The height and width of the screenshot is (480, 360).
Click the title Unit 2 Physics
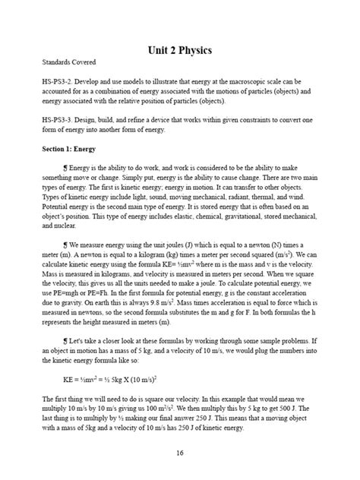tap(179, 51)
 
